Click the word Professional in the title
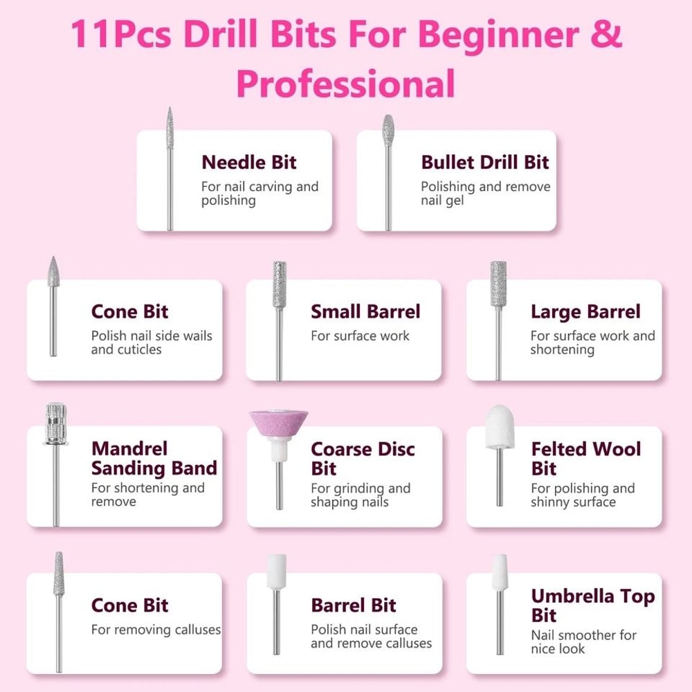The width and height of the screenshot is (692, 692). click(345, 83)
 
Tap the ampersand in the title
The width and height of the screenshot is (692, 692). click(607, 35)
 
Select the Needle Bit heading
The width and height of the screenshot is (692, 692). click(249, 163)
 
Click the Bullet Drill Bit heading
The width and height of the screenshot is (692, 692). click(484, 163)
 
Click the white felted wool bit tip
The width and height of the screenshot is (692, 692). click(499, 429)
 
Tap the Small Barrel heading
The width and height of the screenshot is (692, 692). click(365, 312)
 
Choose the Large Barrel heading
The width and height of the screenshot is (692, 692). click(585, 312)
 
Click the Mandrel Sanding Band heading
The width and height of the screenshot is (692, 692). click(154, 458)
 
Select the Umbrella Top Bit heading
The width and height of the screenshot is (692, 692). click(592, 605)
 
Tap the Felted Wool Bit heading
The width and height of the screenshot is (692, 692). click(585, 458)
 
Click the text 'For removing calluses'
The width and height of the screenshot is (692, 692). click(156, 630)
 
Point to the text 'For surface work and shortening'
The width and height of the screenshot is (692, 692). click(592, 343)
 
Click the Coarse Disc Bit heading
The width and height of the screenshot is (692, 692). click(363, 458)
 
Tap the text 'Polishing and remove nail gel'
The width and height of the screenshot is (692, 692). click(485, 194)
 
